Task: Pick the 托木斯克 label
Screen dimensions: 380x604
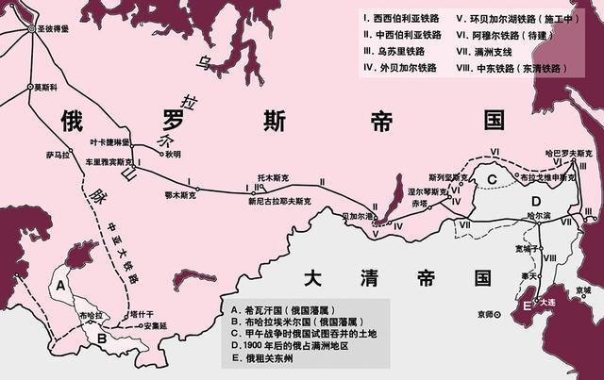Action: tap(273, 175)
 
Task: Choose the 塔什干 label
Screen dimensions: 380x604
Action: tap(141, 313)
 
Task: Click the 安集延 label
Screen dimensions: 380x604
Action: tap(153, 326)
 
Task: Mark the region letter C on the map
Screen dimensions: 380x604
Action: tap(492, 180)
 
